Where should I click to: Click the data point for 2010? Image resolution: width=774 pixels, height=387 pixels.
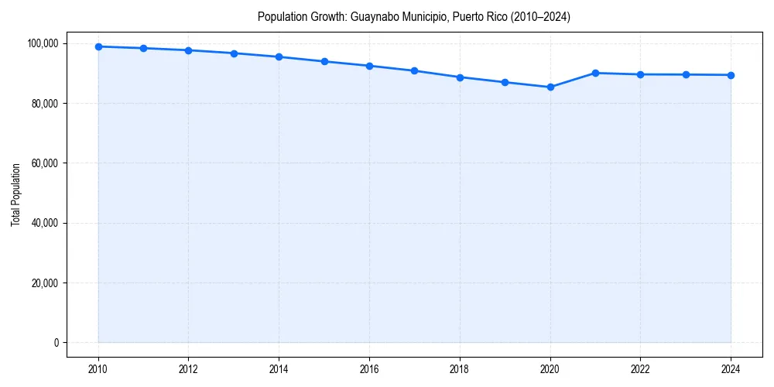[98, 46]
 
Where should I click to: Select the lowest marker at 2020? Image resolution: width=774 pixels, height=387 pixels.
[550, 87]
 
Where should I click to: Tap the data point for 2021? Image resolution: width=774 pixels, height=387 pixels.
[595, 73]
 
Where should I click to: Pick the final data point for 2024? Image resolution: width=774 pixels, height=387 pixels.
[731, 75]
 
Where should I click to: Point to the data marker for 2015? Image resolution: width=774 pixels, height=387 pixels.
[324, 61]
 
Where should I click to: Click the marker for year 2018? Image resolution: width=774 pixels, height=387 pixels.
[460, 77]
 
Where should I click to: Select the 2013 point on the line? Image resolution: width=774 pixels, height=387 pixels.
[234, 53]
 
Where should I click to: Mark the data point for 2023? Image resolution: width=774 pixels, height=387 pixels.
[686, 74]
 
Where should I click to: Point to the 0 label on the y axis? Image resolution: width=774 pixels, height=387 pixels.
[55, 343]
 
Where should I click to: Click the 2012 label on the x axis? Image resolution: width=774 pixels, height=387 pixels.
[188, 369]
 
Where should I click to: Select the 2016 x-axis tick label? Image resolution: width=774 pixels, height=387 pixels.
[369, 369]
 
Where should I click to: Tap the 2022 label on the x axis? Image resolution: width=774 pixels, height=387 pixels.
[640, 369]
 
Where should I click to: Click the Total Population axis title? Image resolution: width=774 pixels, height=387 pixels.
[15, 194]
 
